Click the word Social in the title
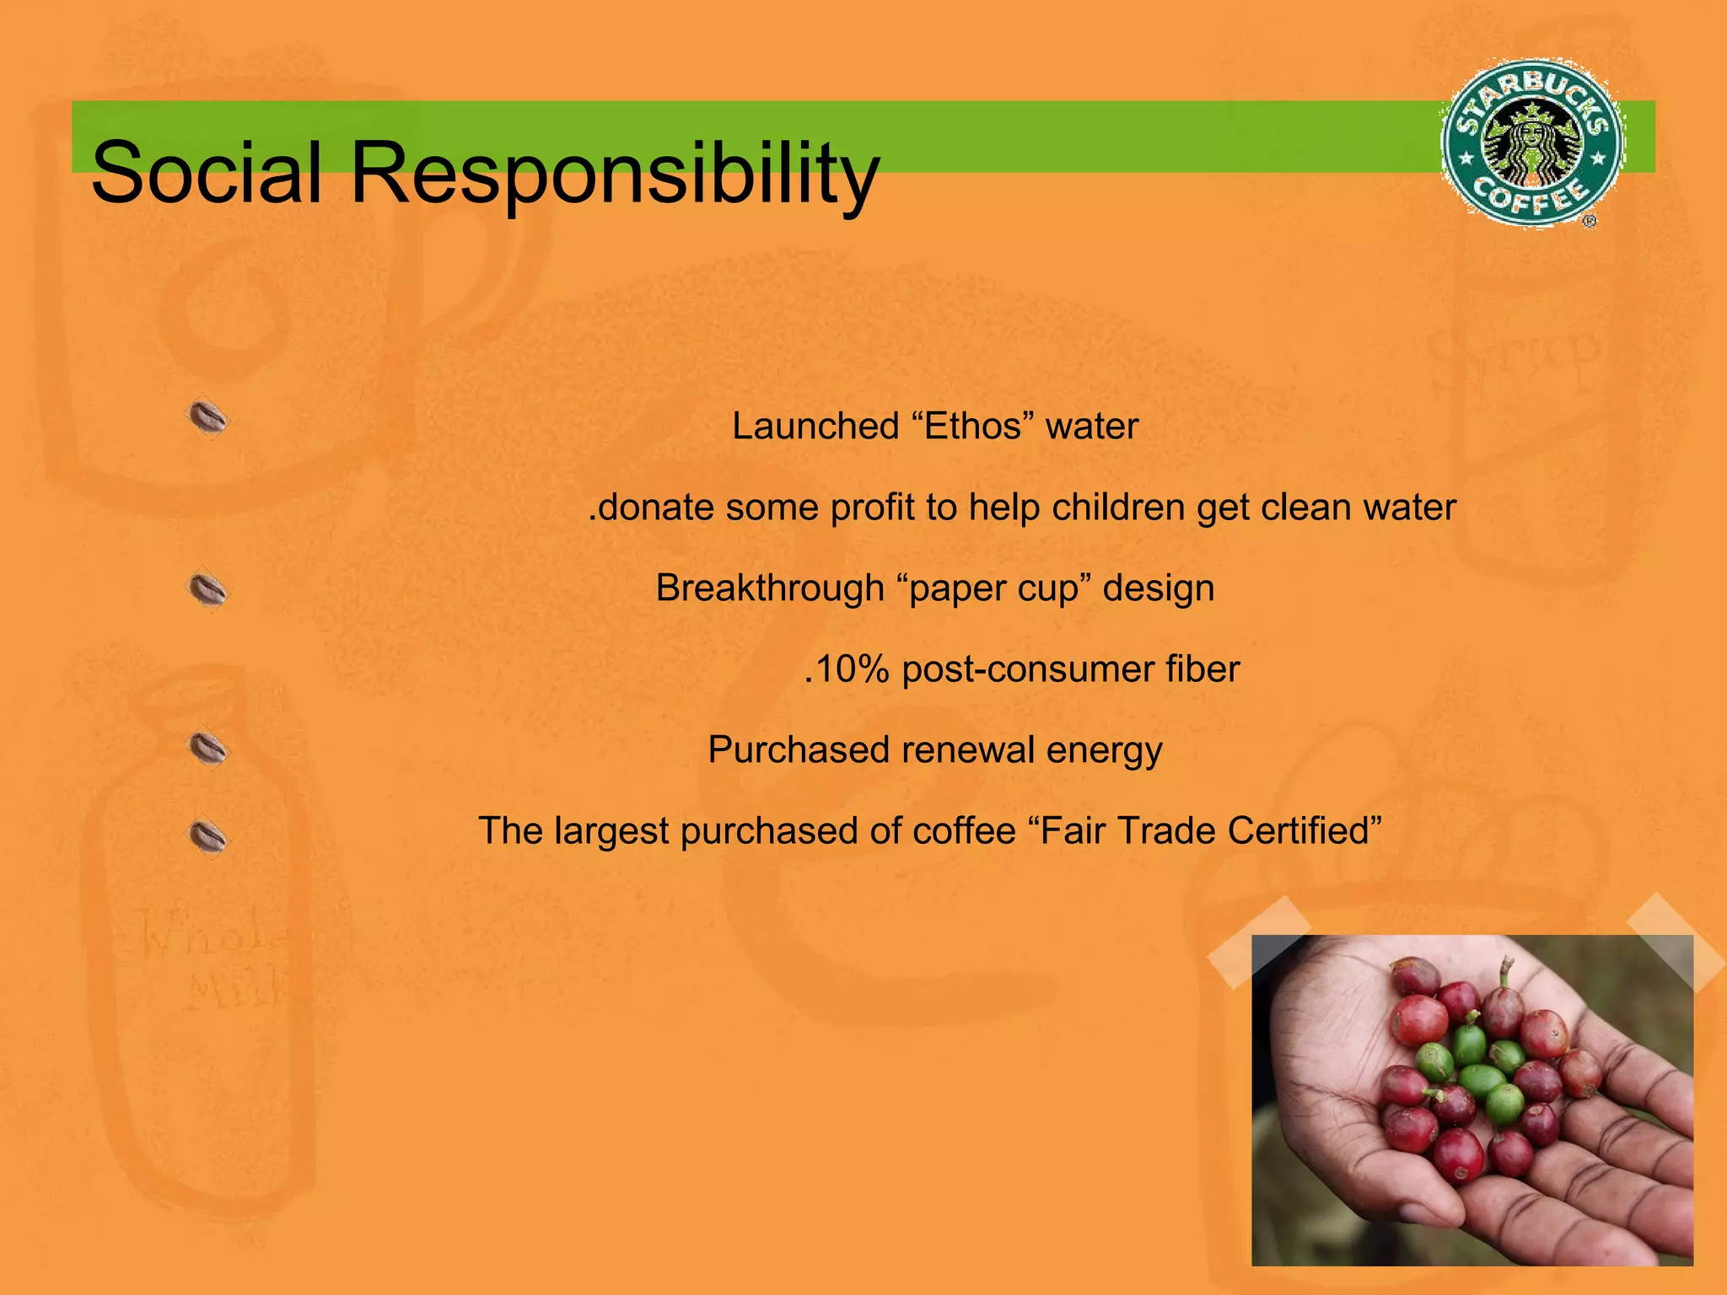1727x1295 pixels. coord(207,173)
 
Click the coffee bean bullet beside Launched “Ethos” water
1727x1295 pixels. coord(207,418)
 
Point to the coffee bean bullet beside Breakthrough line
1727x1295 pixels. coord(207,589)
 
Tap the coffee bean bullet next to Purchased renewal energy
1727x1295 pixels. coord(207,748)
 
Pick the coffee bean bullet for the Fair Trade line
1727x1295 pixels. coord(207,836)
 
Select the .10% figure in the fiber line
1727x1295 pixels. coord(847,669)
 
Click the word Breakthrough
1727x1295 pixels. coord(769,588)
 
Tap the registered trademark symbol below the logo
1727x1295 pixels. coord(1590,222)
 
